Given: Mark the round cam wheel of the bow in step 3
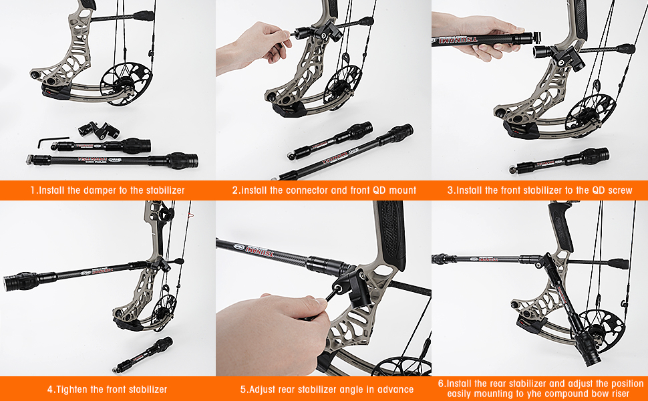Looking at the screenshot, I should point(587,110).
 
